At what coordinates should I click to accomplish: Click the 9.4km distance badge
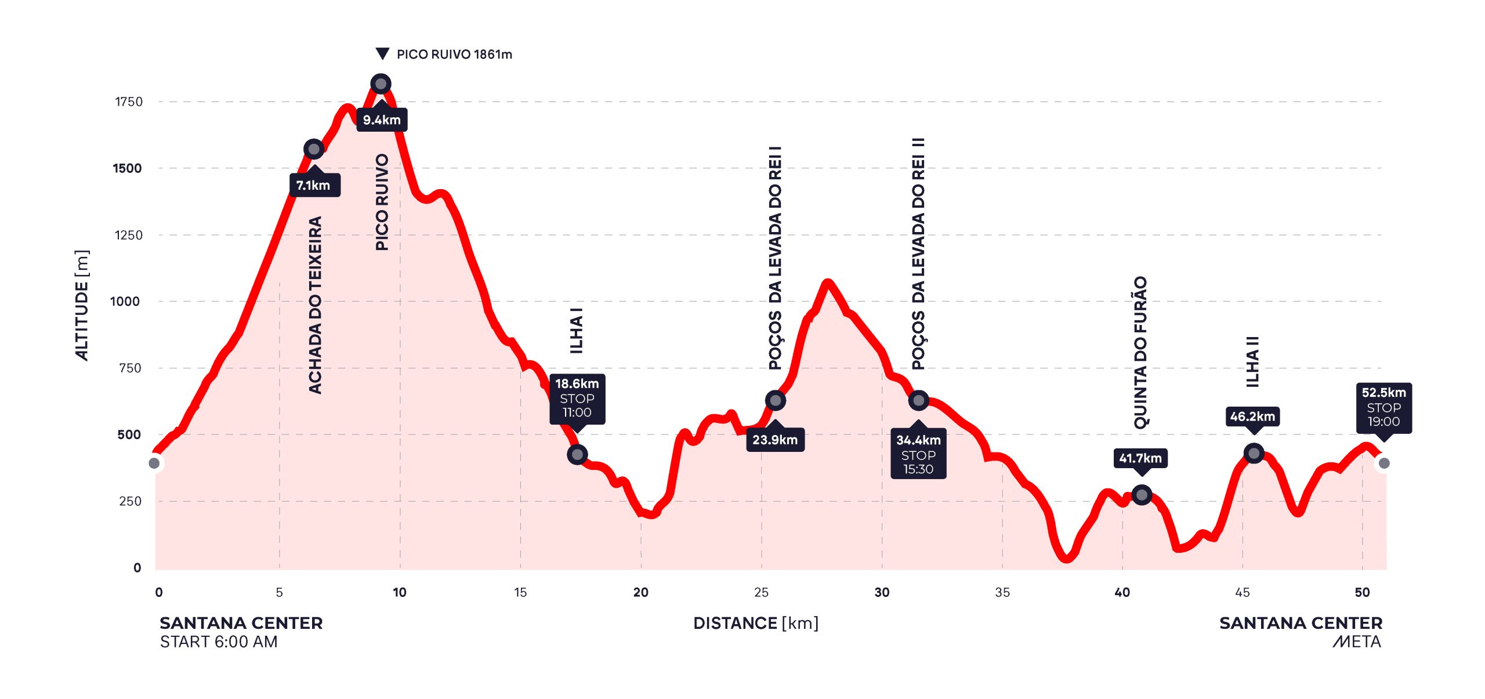pos(382,120)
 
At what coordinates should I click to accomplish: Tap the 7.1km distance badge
pos(314,185)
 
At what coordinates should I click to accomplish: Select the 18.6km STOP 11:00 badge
pos(577,399)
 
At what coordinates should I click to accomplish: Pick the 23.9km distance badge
pos(775,440)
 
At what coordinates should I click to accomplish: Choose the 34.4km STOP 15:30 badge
pos(918,454)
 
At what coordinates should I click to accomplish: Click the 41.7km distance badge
pos(1140,458)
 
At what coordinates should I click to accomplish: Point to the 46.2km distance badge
pos(1253,416)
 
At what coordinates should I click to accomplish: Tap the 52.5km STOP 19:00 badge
pos(1383,407)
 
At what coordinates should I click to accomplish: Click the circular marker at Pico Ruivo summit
pos(381,84)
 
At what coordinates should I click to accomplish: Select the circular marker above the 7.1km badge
pos(314,149)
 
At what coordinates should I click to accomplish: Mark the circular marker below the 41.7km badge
pos(1142,495)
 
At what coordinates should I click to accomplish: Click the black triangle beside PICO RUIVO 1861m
pos(382,54)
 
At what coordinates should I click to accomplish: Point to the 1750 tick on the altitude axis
pos(129,102)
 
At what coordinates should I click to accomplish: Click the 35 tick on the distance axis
pos(1002,592)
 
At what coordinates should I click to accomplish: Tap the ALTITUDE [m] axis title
pos(82,305)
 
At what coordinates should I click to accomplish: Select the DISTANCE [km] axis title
pos(756,623)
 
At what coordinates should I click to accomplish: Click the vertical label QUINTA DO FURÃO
pos(1140,352)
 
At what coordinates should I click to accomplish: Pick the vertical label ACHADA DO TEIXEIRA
pos(315,305)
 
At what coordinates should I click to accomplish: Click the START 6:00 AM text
pos(219,642)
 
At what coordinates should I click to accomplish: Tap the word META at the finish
pos(1357,642)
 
